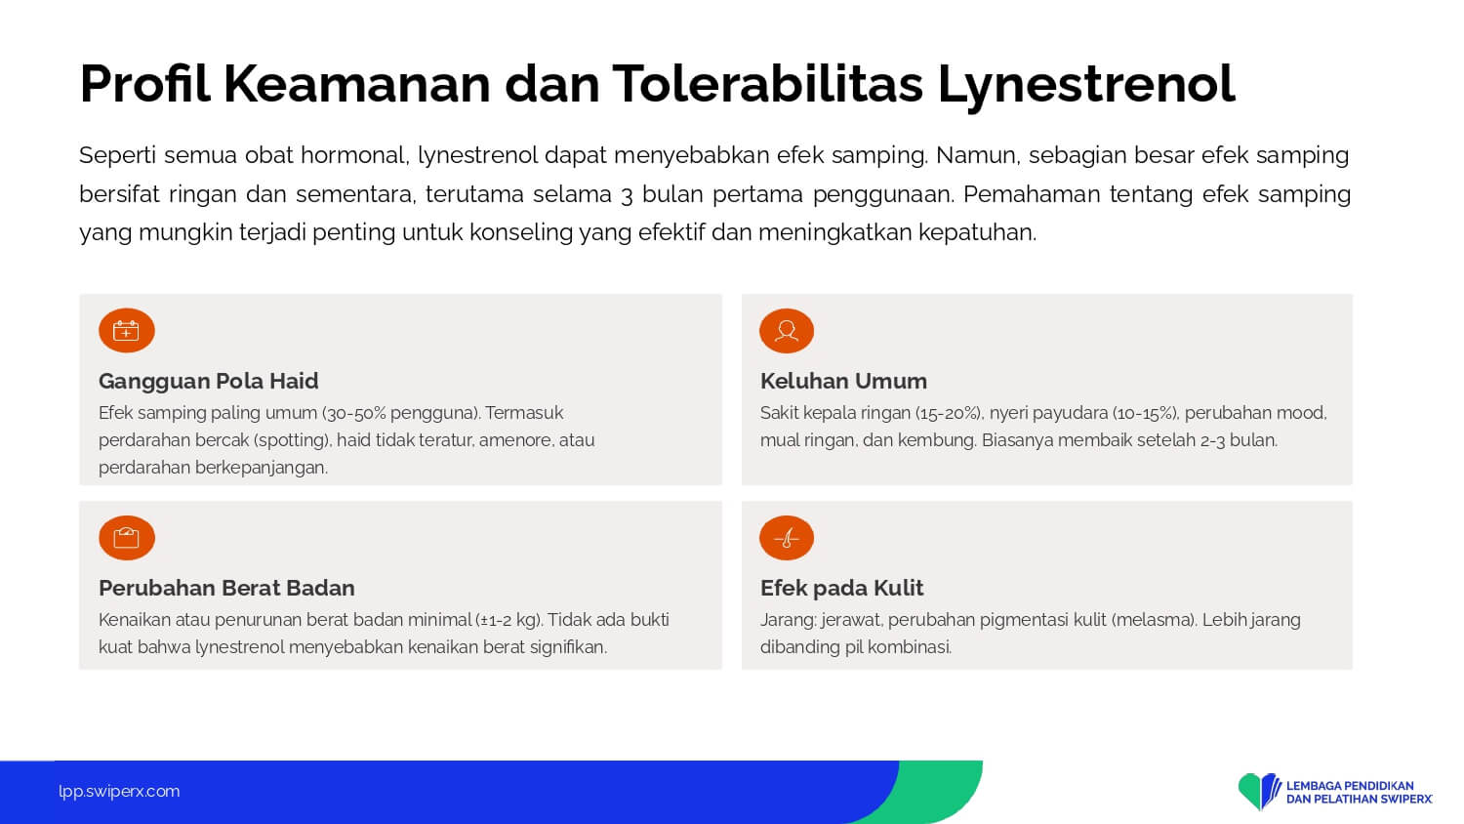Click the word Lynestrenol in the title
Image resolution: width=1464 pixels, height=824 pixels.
(1086, 86)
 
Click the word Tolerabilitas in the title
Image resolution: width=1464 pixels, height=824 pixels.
(766, 84)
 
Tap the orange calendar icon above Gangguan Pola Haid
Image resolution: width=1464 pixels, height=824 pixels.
(127, 330)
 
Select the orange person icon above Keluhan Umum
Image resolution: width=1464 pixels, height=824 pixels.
(787, 331)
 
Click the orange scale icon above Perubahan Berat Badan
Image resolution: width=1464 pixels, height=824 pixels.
(127, 538)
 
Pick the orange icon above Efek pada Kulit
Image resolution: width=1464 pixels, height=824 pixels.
(787, 538)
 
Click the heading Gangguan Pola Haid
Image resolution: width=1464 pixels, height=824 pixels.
(209, 382)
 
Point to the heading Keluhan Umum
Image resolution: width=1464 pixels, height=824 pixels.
(843, 381)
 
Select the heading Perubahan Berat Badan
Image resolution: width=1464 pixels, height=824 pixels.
(226, 588)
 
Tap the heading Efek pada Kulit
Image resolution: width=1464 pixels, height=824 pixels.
(841, 588)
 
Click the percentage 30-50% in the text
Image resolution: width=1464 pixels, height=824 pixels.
(357, 413)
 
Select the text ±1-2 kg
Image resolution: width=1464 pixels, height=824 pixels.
(508, 620)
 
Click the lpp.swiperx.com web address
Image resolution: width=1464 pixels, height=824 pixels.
(119, 792)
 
